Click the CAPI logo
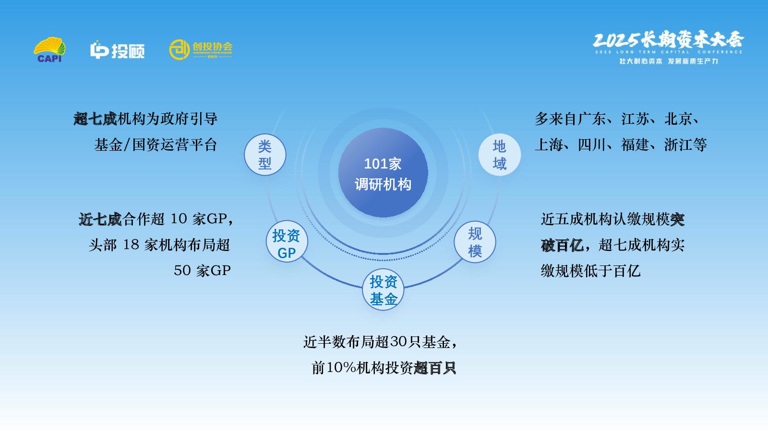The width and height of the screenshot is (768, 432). point(49,50)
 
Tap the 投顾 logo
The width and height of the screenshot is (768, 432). point(117,50)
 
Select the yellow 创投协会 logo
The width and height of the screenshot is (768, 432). point(201,49)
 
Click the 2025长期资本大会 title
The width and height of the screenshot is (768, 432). point(668,40)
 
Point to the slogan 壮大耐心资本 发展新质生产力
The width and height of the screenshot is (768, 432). point(669,61)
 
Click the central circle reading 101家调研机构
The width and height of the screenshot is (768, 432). point(383,172)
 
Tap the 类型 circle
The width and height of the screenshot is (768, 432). point(264,155)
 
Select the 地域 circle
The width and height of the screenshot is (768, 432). point(500,155)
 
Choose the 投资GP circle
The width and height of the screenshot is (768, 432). point(287,241)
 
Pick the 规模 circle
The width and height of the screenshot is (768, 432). point(475,242)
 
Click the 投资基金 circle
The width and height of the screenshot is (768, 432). point(383,290)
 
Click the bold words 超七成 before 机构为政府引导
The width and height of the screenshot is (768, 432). point(96,119)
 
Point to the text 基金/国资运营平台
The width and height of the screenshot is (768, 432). point(156,144)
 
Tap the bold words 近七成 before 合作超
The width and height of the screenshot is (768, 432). point(100,219)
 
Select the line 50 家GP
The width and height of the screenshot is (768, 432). point(202,271)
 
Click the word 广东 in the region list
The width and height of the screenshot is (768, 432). point(592,119)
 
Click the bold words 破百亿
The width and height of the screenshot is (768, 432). point(562,245)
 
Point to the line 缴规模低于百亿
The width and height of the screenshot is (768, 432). point(591,271)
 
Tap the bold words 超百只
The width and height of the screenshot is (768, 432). point(435,368)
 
